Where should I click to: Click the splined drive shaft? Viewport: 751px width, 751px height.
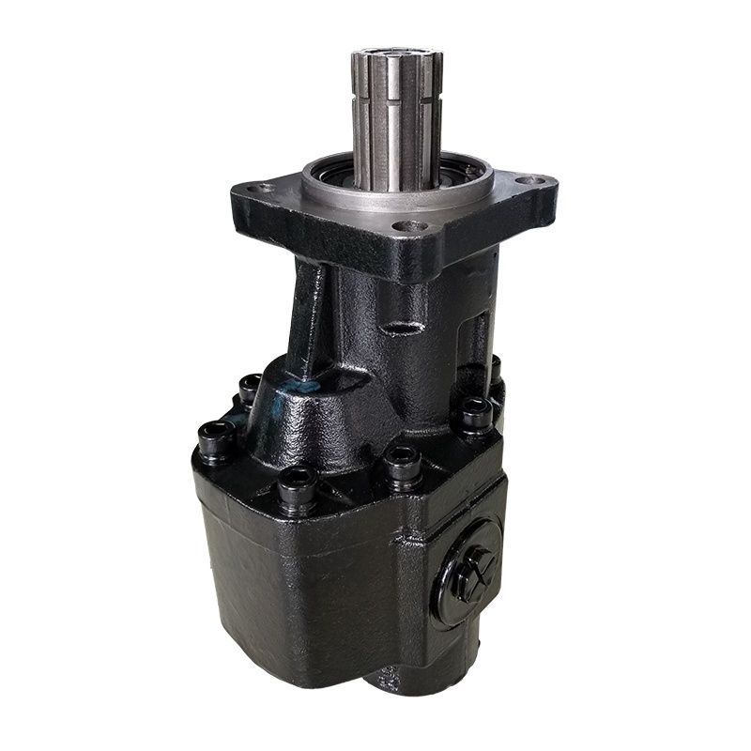tap(394, 122)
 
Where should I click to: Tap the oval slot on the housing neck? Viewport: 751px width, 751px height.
tap(404, 329)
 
